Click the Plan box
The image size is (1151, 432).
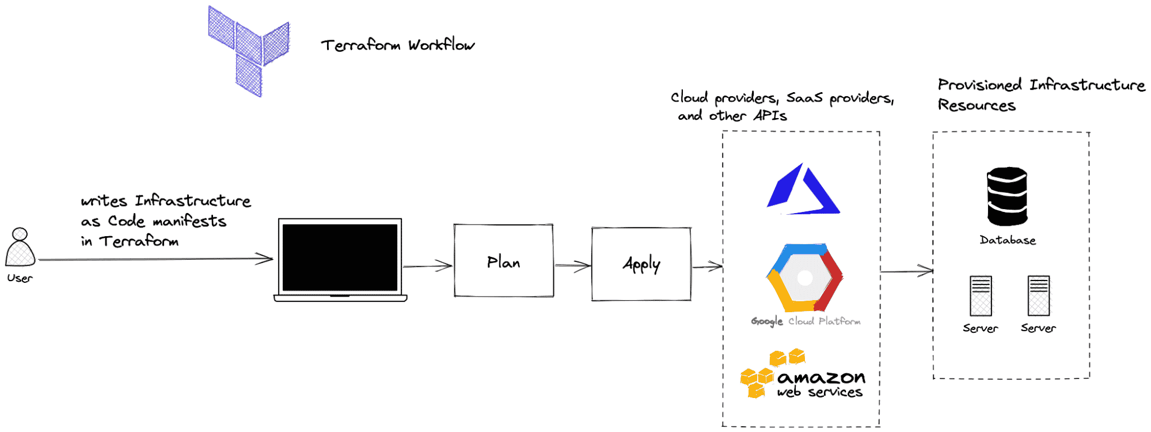(x=504, y=261)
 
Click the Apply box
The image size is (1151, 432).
(x=641, y=264)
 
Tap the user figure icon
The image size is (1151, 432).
(x=20, y=247)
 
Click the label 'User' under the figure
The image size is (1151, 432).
(x=20, y=278)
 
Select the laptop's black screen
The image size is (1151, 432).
(x=340, y=257)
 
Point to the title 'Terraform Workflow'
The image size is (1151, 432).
(x=397, y=45)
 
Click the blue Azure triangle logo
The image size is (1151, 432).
(x=803, y=190)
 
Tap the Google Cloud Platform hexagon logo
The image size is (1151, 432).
(x=804, y=278)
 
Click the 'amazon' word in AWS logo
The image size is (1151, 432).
(x=821, y=378)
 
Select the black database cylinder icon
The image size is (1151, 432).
(x=1007, y=196)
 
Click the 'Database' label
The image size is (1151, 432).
(x=1008, y=240)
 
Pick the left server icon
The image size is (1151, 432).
(x=981, y=296)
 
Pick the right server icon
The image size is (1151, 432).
(x=1039, y=296)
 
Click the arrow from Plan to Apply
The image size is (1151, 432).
(x=572, y=266)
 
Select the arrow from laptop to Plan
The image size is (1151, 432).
(x=427, y=266)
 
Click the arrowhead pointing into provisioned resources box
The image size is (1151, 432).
(x=926, y=271)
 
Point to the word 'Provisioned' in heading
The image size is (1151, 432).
(x=979, y=85)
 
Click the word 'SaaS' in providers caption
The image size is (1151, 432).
(x=804, y=98)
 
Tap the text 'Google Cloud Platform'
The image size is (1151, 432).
(x=806, y=321)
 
